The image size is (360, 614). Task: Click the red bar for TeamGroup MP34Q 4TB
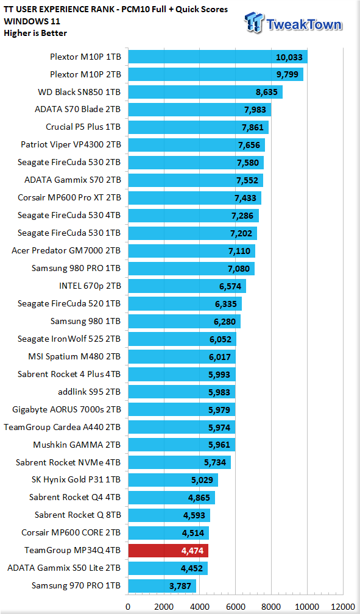click(168, 551)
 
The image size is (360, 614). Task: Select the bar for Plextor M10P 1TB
click(218, 57)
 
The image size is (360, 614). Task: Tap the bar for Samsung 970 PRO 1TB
click(162, 586)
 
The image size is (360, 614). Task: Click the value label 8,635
click(266, 93)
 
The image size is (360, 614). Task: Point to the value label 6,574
click(230, 286)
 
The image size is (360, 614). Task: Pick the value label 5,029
click(202, 480)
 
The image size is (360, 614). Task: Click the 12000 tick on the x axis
click(343, 607)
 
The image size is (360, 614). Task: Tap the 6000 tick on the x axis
click(235, 607)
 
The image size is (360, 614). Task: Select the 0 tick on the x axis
click(128, 607)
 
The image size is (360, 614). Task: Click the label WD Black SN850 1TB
click(79, 93)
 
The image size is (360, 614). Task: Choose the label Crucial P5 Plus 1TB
click(83, 127)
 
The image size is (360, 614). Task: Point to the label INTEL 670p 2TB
click(90, 286)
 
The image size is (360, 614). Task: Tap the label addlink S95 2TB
click(90, 392)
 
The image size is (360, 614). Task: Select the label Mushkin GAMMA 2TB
click(77, 445)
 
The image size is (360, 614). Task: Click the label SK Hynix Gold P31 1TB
click(76, 480)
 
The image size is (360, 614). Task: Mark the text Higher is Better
click(35, 34)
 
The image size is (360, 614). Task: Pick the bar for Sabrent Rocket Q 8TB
click(169, 515)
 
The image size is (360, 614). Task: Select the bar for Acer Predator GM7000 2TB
click(191, 250)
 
